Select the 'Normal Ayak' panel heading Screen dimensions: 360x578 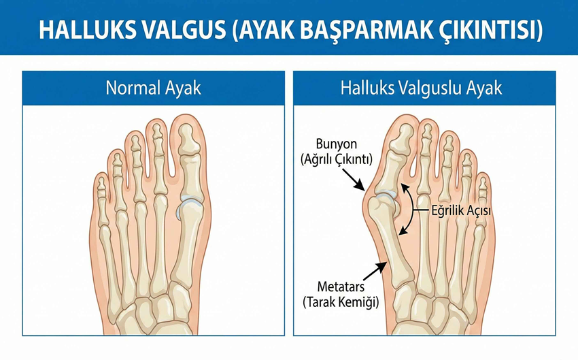(153, 88)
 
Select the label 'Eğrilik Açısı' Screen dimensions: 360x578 (462, 211)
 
